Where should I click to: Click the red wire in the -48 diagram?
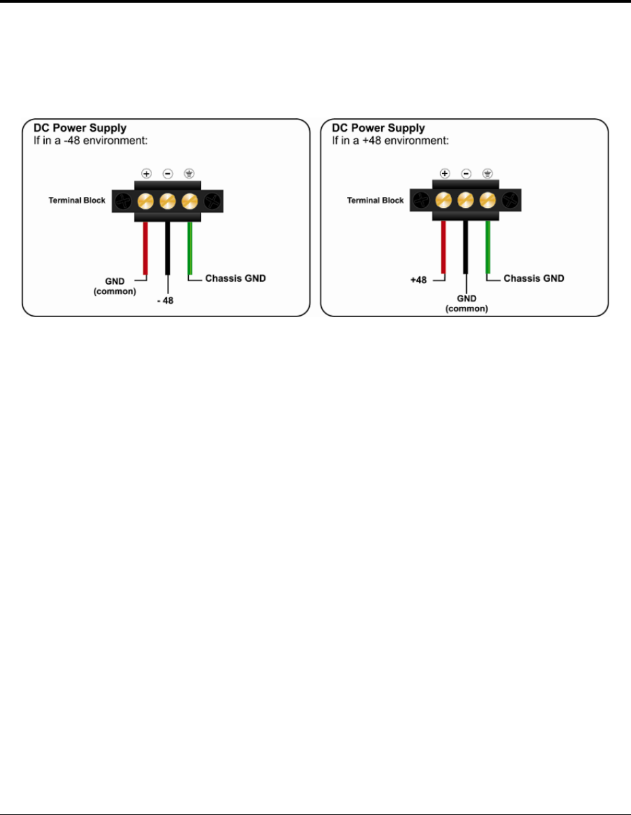click(x=145, y=248)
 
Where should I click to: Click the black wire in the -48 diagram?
click(x=167, y=248)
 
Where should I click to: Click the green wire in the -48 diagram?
click(x=190, y=248)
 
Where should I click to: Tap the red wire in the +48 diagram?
click(x=444, y=248)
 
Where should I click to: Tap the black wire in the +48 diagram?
click(x=466, y=248)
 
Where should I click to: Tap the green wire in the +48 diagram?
click(x=488, y=248)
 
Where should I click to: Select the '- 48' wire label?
click(x=165, y=301)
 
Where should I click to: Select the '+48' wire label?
click(x=418, y=278)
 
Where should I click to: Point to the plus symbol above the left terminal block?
click(x=146, y=173)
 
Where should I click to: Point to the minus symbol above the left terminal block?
click(x=168, y=173)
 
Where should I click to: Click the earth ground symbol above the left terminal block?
click(x=190, y=173)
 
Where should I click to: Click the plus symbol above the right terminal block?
click(x=444, y=173)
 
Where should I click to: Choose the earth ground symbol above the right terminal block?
click(x=488, y=173)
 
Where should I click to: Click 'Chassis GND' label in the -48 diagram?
click(x=235, y=278)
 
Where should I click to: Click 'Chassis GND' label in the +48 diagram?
click(x=534, y=278)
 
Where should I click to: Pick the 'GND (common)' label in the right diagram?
click(x=466, y=303)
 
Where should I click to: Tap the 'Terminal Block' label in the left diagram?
click(x=77, y=200)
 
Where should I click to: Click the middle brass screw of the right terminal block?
click(x=466, y=200)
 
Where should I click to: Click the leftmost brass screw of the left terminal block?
click(x=146, y=200)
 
